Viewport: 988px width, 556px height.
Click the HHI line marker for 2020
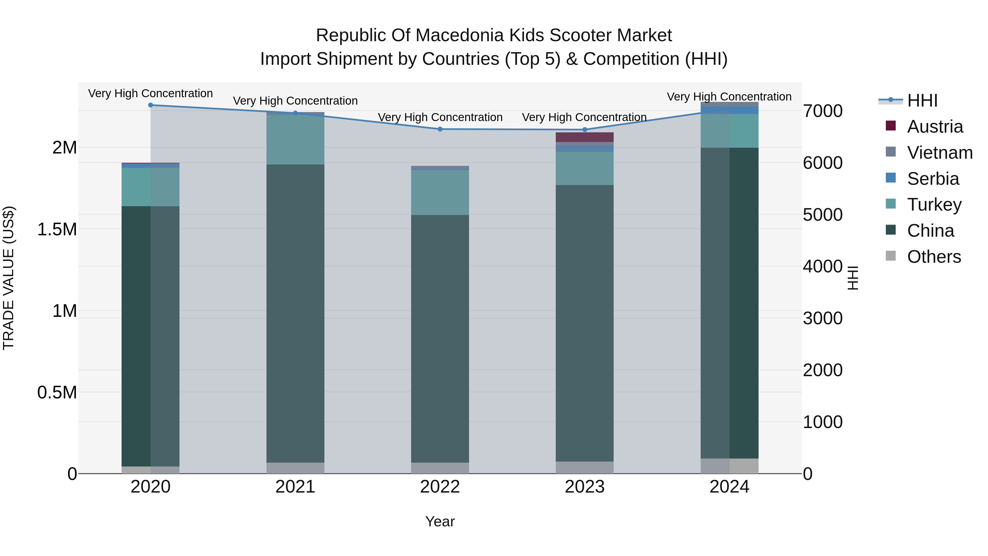[x=150, y=105]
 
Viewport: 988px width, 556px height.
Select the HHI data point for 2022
[x=440, y=129]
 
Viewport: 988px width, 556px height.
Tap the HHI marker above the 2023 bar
[x=585, y=130]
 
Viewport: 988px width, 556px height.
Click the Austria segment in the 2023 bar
[x=585, y=137]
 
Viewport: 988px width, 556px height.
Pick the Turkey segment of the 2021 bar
[x=295, y=140]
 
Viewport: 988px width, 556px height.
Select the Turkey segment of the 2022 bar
[x=440, y=192]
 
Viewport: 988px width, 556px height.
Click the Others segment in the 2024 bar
[x=729, y=466]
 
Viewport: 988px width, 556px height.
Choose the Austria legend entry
[x=935, y=127]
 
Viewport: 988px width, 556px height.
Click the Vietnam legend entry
[x=940, y=153]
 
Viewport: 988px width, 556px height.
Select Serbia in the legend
[x=933, y=179]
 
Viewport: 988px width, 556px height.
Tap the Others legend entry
[x=934, y=257]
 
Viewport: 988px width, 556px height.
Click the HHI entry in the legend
[x=922, y=100]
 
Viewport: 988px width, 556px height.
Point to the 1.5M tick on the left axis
[x=57, y=230]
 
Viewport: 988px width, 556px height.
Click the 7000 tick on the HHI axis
[x=823, y=111]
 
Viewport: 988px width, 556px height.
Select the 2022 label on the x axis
[x=440, y=487]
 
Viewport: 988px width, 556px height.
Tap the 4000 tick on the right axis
[x=823, y=267]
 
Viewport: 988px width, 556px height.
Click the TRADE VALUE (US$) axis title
[x=9, y=278]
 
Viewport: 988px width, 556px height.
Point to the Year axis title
[x=440, y=521]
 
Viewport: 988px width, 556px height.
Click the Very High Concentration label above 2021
[x=295, y=101]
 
